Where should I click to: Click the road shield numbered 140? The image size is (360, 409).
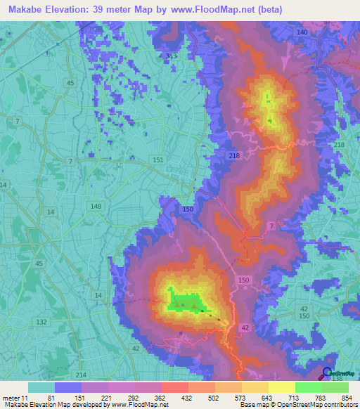[302, 33]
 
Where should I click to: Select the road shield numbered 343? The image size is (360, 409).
[172, 56]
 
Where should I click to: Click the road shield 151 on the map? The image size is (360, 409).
[158, 160]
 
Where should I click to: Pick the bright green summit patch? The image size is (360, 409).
[185, 303]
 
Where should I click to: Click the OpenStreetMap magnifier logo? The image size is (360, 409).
[328, 374]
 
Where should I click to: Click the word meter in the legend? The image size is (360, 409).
[11, 397]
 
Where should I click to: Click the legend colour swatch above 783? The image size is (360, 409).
[308, 387]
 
